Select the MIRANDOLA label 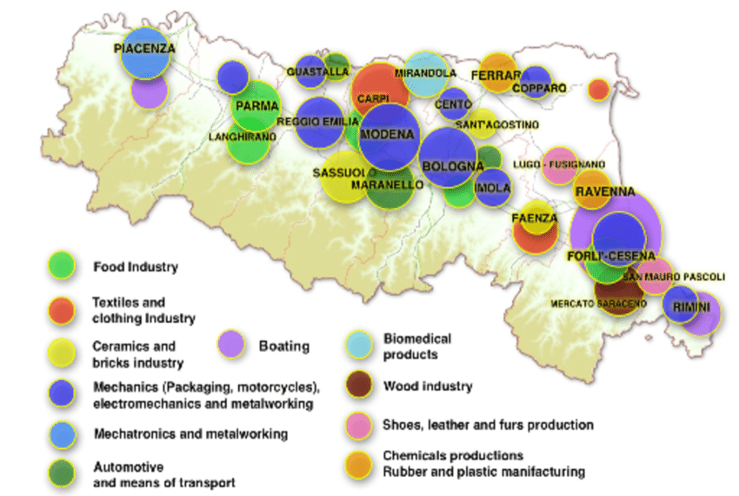pos(425,73)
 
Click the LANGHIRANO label pos(237,137)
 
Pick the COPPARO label pos(539,88)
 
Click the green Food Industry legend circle pos(61,265)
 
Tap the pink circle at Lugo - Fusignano pos(559,167)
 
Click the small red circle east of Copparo pos(598,89)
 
